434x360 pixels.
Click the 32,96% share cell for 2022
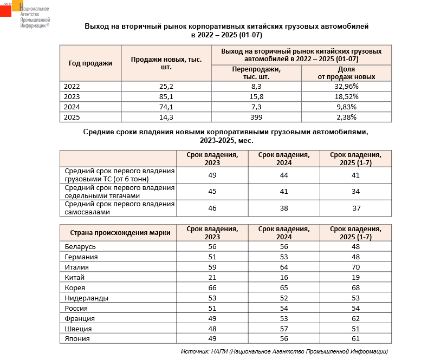346,86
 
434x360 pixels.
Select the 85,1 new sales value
166,96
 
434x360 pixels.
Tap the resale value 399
256,117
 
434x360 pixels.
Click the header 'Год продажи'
90,63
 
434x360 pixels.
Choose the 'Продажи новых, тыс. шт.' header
166,63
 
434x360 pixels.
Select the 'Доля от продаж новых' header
346,73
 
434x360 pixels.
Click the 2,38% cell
346,117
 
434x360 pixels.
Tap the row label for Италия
76,267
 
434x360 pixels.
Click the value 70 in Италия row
355,267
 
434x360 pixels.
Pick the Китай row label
75,277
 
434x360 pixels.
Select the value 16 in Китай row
284,277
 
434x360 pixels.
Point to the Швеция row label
78,329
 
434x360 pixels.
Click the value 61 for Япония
355,339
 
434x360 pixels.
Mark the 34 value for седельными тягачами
355,191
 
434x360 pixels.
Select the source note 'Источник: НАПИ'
284,351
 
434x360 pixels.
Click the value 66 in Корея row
212,287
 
